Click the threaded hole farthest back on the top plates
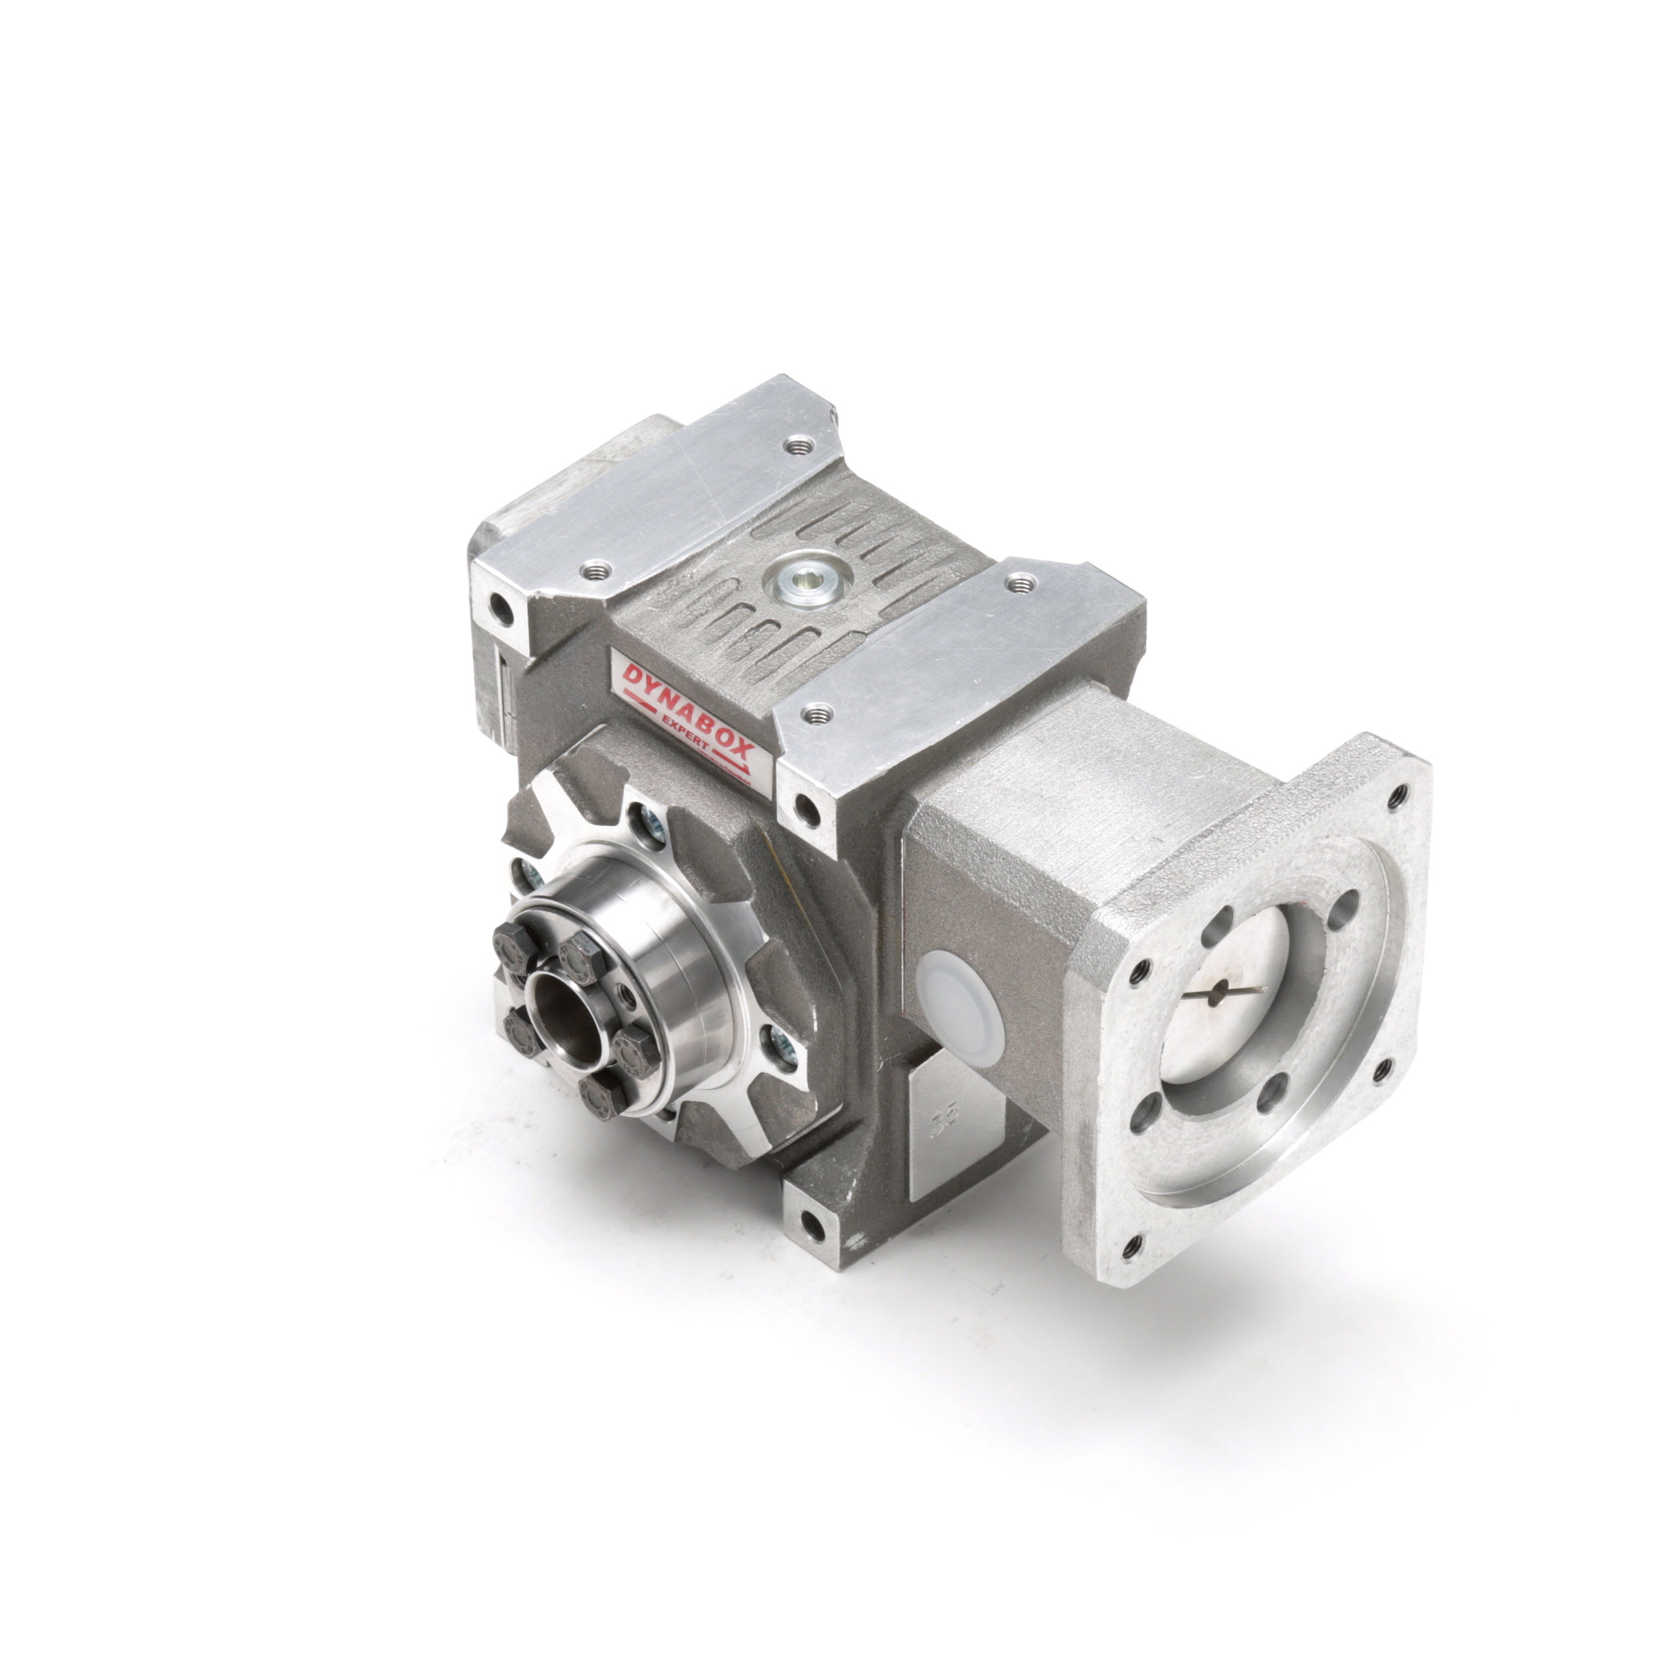800,444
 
